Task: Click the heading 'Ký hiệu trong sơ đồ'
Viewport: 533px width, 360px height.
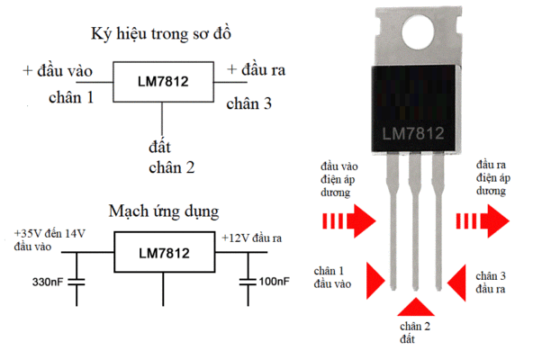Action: (161, 34)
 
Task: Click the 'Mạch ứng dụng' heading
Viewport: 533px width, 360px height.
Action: (164, 211)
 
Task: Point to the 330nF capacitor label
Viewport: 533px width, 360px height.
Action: (48, 282)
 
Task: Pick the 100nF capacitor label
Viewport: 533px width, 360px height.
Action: (275, 282)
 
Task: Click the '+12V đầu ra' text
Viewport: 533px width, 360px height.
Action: (252, 238)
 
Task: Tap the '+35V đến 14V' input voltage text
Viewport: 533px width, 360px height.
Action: (50, 233)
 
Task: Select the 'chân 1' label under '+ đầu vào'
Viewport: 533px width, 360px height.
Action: (71, 98)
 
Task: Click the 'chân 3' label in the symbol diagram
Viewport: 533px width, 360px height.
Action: (249, 103)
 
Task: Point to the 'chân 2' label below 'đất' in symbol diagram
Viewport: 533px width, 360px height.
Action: (172, 167)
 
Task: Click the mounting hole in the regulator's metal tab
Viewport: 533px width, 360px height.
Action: (418, 32)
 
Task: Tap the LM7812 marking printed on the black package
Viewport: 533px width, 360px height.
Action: (413, 133)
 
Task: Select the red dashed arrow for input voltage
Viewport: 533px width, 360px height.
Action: (349, 221)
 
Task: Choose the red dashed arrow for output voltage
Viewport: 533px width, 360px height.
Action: (483, 221)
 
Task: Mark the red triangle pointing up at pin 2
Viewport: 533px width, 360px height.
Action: (416, 308)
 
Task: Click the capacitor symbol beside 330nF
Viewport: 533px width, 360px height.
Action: (77, 282)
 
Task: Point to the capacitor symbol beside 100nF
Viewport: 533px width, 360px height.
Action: (248, 282)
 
